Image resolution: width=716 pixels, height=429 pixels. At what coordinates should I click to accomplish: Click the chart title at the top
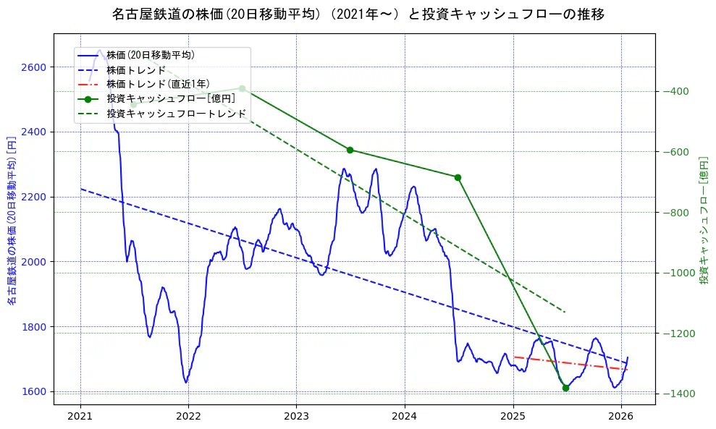358,14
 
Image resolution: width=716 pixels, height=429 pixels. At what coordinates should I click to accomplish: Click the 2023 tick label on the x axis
296,417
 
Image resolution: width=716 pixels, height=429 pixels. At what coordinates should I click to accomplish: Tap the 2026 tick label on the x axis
620,417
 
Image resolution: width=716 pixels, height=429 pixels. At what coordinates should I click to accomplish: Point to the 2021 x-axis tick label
80,417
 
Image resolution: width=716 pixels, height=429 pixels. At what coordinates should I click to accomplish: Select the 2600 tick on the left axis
33,67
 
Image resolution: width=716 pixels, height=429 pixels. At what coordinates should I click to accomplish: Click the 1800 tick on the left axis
33,327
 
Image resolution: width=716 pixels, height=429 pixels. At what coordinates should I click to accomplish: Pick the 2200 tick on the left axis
33,197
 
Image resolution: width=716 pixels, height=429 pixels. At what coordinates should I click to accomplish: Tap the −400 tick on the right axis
675,91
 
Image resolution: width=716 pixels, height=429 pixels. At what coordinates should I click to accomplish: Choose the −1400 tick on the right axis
677,394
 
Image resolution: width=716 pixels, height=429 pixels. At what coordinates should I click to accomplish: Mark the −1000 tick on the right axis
677,273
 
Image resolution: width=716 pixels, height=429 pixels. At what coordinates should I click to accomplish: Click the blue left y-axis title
12,221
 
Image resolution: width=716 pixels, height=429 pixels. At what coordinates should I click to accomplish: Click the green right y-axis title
703,221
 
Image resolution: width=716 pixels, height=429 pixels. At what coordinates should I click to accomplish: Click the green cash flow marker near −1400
565,388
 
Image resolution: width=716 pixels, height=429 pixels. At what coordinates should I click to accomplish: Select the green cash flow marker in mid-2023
350,150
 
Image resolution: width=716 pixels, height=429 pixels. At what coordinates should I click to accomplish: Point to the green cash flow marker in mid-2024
458,177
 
